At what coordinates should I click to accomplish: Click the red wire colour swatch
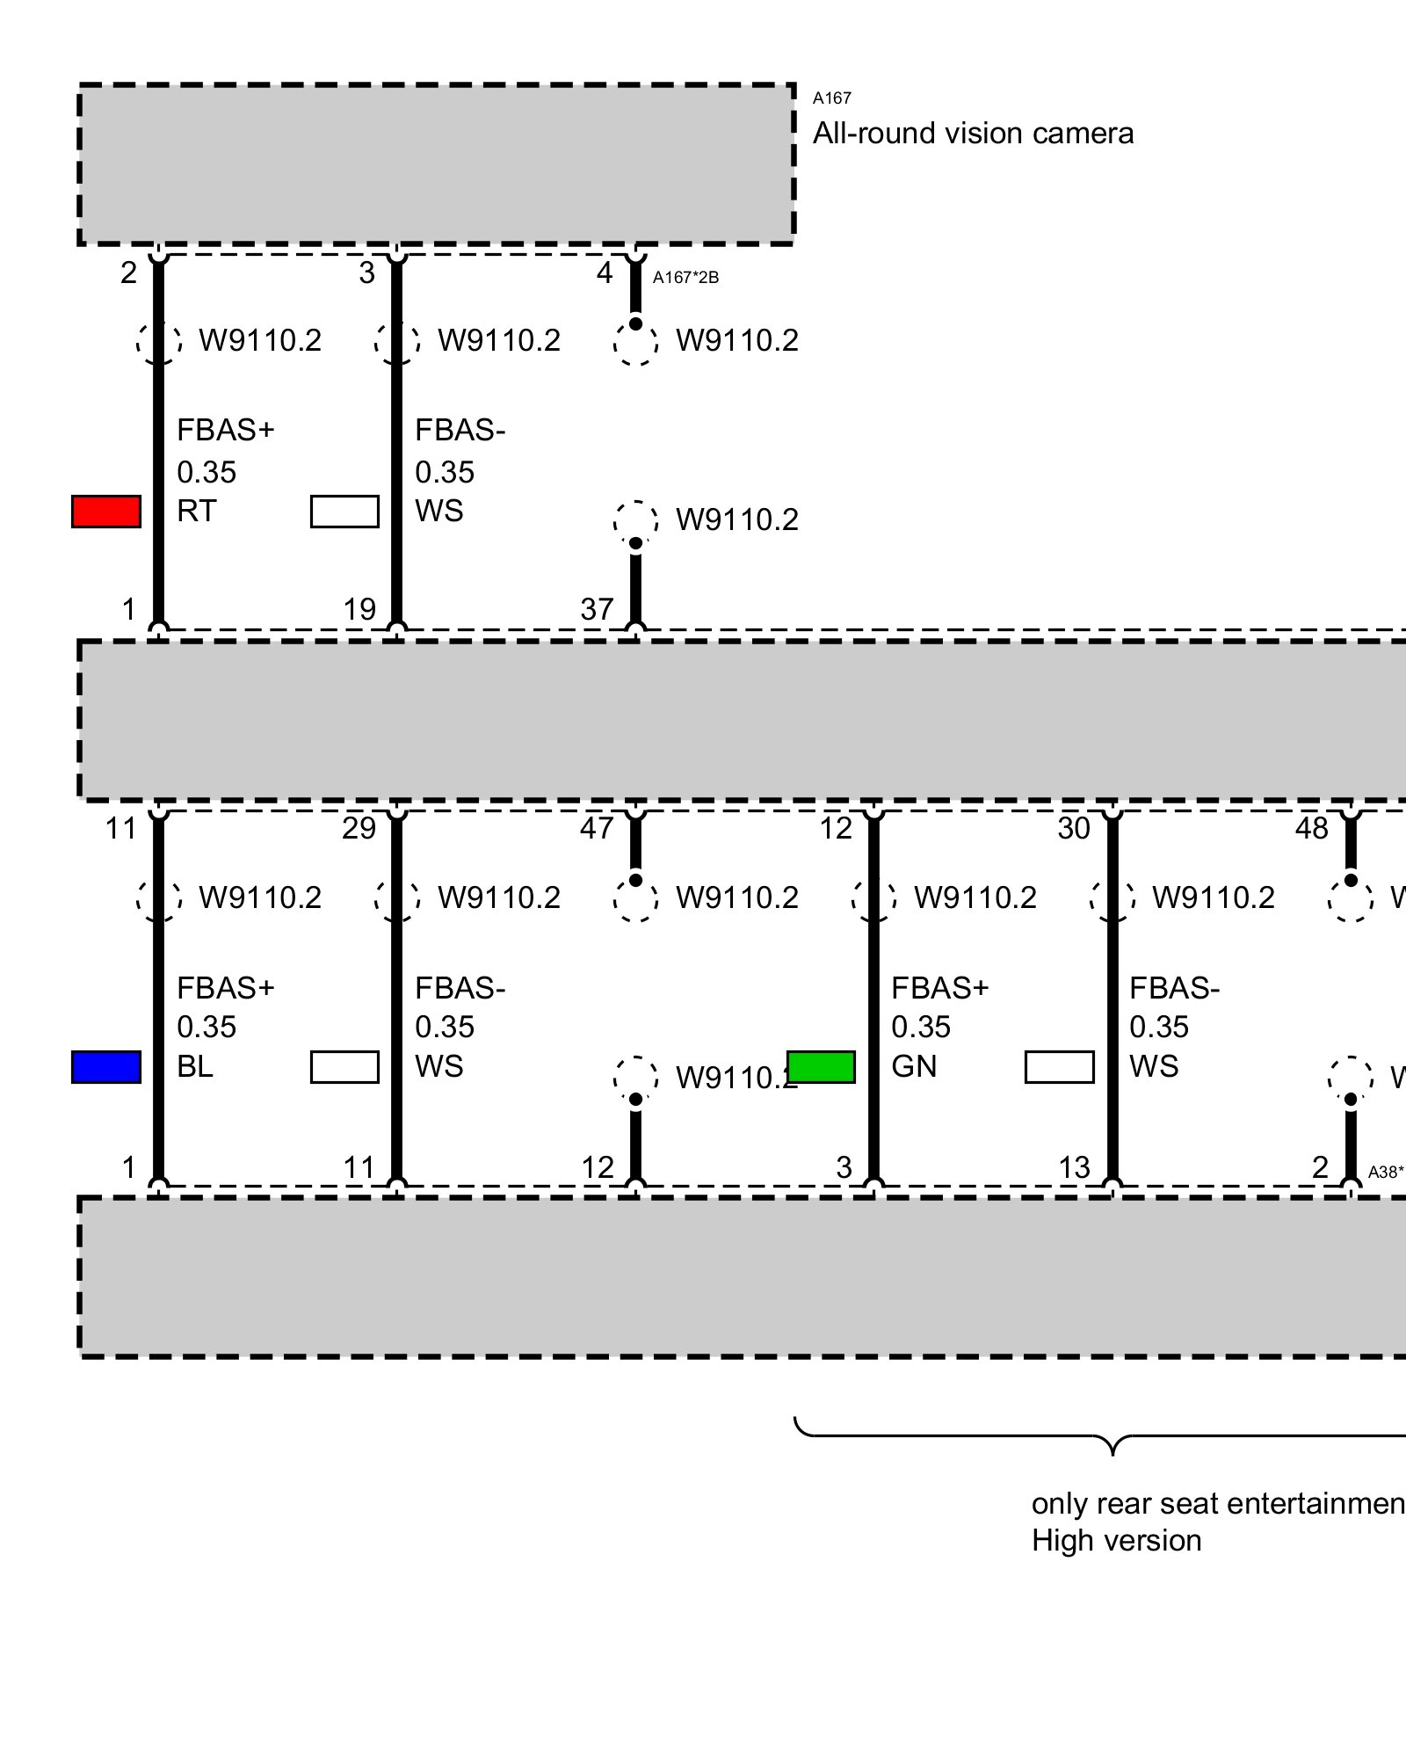point(105,512)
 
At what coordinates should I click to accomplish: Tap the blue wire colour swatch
point(105,1066)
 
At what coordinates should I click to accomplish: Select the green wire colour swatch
point(822,1066)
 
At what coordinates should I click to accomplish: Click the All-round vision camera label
point(973,134)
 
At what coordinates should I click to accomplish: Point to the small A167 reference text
point(831,98)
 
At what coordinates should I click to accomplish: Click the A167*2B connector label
point(685,278)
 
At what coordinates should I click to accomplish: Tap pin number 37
point(597,609)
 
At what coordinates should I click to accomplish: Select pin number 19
point(359,609)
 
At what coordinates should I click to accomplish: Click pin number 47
point(597,828)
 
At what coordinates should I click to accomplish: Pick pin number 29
point(359,828)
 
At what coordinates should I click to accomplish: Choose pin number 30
point(1074,828)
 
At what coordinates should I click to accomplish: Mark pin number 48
point(1312,828)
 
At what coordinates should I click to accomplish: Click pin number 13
point(1074,1167)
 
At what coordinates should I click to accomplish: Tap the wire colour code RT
point(196,511)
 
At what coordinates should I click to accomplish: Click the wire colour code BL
point(194,1066)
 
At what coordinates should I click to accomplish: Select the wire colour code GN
point(914,1066)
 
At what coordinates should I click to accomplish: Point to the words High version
point(1116,1540)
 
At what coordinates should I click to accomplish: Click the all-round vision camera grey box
point(437,164)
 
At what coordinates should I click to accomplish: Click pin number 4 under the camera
point(604,273)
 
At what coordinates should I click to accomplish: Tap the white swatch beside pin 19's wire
point(344,512)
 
